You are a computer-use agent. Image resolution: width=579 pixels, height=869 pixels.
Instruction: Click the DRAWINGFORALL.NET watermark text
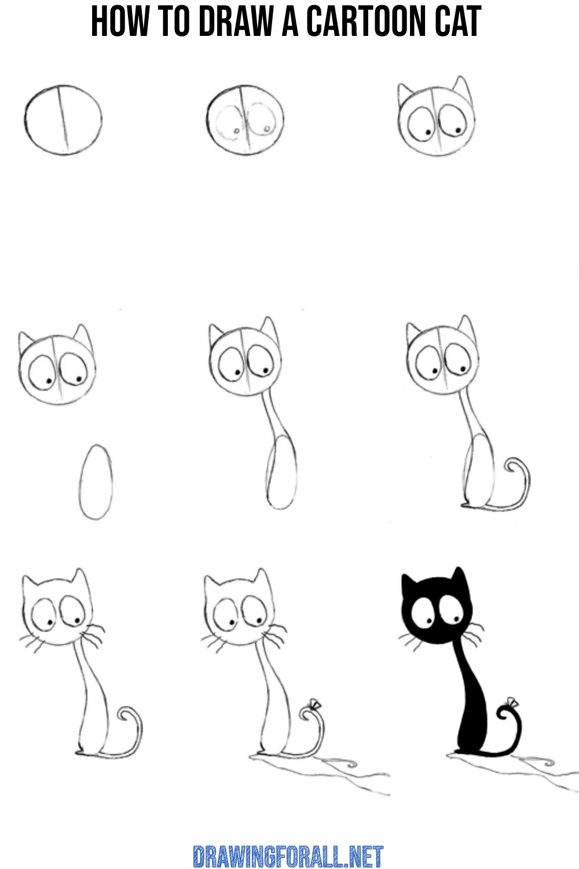(x=288, y=856)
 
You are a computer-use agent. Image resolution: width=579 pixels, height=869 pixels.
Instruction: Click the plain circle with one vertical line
(x=63, y=120)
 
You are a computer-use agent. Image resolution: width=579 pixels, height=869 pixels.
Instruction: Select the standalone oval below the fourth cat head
(x=96, y=481)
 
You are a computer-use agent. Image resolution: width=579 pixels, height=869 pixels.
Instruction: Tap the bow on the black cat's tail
(x=511, y=703)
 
